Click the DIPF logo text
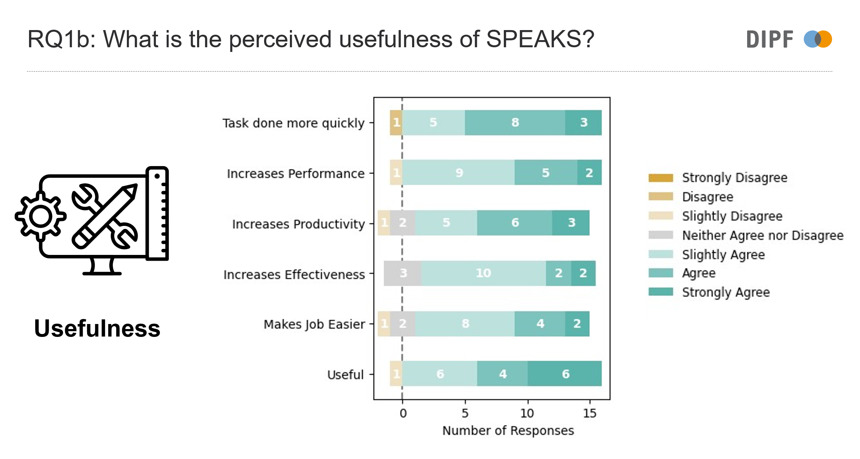(x=770, y=39)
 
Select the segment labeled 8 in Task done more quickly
(x=515, y=122)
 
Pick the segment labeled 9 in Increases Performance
(x=459, y=173)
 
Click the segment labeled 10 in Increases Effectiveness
(x=483, y=273)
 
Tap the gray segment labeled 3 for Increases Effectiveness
(x=403, y=273)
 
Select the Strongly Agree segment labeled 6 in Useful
(x=565, y=374)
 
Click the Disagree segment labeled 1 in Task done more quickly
(x=396, y=122)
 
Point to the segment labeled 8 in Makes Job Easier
(x=465, y=324)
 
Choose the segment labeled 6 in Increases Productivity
(x=515, y=223)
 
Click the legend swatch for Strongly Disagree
(x=660, y=178)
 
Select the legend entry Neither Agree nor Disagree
(x=763, y=235)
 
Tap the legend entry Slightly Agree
(x=723, y=255)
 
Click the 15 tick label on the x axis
(x=589, y=414)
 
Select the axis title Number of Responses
(x=508, y=430)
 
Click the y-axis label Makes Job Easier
(x=314, y=324)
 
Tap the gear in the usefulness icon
(x=40, y=216)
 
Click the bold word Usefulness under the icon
(x=97, y=328)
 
